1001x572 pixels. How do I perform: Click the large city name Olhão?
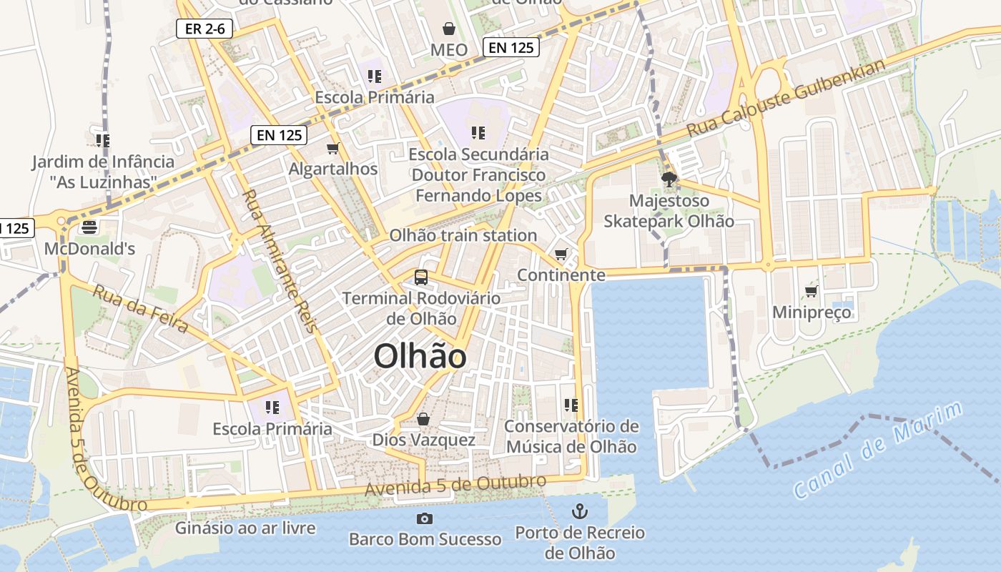point(420,356)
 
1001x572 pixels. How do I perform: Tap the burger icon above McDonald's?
point(89,227)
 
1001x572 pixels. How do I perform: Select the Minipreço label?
point(812,312)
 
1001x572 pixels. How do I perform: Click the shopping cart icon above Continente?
point(561,255)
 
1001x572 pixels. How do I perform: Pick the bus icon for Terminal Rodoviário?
point(421,277)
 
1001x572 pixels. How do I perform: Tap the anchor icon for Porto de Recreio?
point(579,511)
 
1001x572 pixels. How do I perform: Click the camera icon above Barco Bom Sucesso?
point(425,518)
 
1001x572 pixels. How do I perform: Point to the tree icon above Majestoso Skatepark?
point(669,179)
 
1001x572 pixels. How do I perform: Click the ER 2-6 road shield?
point(204,29)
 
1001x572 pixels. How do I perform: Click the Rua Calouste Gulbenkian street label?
point(786,98)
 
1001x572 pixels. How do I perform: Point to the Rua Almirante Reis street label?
point(279,261)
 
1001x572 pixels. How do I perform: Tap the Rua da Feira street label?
point(141,310)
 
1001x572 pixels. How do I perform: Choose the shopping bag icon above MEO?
point(448,29)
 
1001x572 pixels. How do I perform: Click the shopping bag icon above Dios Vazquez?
point(423,419)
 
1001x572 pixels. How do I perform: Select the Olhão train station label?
point(463,235)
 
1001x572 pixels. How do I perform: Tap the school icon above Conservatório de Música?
point(571,405)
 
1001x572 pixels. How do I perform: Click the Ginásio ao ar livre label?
point(245,528)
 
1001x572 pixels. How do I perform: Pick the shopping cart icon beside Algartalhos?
point(332,148)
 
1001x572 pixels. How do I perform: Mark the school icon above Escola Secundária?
point(478,132)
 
